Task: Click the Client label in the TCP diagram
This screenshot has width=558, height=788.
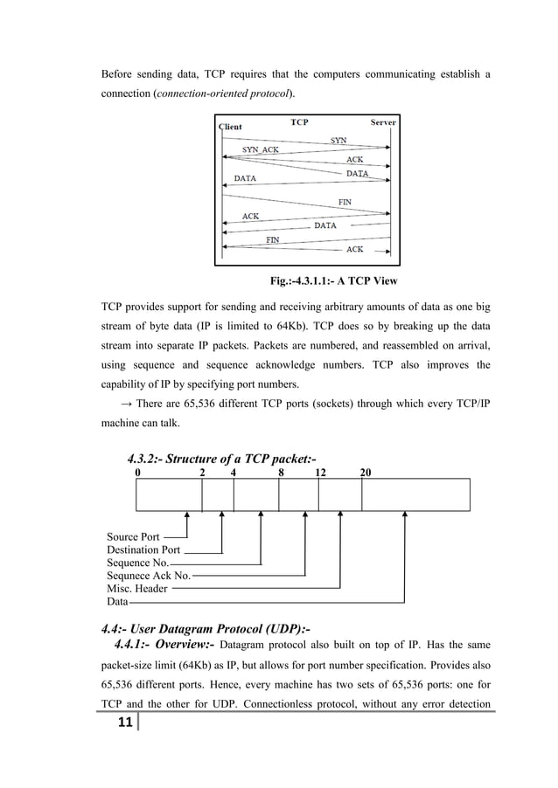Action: coord(230,128)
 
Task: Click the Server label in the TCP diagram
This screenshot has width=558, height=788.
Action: coord(382,122)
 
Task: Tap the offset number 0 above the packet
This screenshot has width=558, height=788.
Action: coord(137,472)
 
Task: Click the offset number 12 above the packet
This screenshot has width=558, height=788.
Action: coord(320,472)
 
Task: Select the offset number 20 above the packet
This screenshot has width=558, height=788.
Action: coord(365,472)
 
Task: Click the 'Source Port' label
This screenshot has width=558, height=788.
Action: coord(133,536)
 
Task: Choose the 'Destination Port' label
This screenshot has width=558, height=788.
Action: coord(143,550)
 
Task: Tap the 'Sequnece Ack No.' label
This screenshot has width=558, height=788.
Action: coord(149,576)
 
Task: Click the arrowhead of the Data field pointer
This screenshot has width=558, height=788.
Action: coord(404,515)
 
